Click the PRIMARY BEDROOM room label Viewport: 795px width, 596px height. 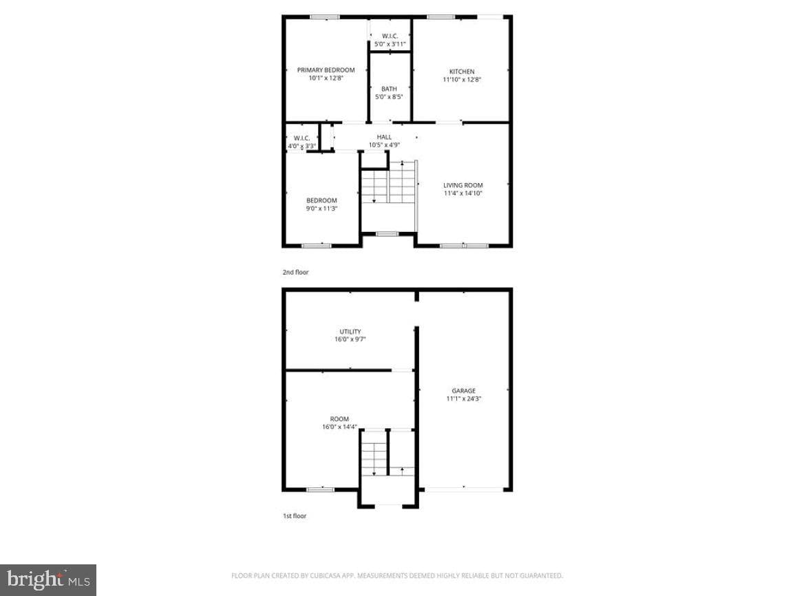pos(326,70)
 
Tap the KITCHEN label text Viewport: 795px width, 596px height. pos(462,72)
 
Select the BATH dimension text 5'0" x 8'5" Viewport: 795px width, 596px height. pos(389,97)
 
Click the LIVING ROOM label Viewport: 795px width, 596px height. pos(463,186)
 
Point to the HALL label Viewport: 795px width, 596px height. pos(384,137)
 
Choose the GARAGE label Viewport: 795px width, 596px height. pos(463,391)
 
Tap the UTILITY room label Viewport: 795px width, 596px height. pos(350,332)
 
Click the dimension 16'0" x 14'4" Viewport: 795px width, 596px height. pos(340,427)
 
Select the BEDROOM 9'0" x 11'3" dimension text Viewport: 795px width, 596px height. pos(321,209)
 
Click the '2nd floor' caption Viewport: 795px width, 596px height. pos(295,272)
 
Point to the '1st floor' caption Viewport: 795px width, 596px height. pos(295,516)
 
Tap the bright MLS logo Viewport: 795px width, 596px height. pos(48,579)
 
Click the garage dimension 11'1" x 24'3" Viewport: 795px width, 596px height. pos(463,399)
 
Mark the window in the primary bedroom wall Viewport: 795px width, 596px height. pos(325,17)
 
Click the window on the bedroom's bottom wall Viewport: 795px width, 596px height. pos(317,246)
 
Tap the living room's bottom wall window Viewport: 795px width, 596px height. pos(464,246)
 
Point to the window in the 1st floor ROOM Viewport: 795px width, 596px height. pos(321,489)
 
